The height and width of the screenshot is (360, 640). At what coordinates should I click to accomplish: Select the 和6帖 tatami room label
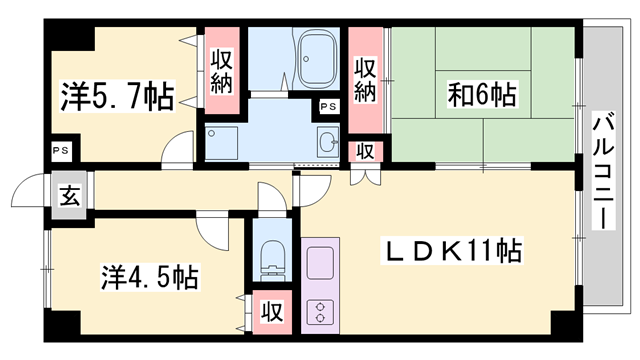[x=483, y=96]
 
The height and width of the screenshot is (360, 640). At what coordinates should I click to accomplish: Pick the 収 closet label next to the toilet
[x=270, y=312]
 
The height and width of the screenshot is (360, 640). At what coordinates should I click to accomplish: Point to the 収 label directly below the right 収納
[x=366, y=151]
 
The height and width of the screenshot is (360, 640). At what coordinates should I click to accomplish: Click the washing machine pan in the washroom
[x=222, y=142]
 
